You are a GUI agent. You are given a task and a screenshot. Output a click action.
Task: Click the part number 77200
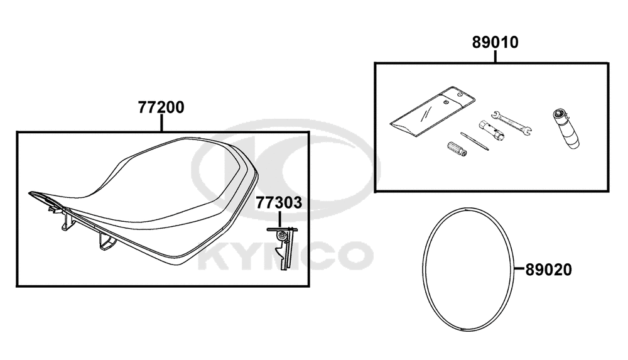(161, 107)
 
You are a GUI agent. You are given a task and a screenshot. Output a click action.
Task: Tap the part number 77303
(279, 203)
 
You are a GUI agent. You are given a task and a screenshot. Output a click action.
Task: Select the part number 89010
(495, 43)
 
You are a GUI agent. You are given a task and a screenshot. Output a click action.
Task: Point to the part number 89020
(549, 270)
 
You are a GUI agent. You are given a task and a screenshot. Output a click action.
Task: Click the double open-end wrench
(511, 121)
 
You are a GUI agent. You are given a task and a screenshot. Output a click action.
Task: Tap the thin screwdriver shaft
(475, 141)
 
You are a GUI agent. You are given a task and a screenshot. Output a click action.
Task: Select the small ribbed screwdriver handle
(456, 149)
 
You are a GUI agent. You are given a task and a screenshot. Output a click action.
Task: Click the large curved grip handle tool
(566, 128)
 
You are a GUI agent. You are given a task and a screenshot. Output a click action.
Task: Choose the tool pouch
(433, 111)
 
